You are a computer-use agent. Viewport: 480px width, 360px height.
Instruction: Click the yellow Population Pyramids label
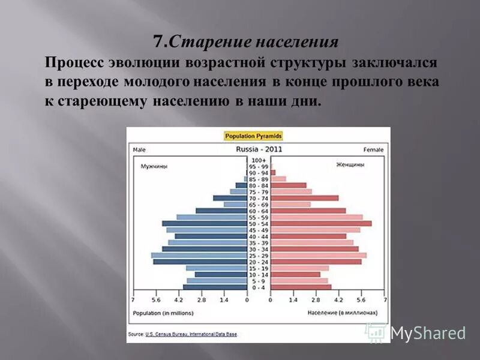(x=253, y=136)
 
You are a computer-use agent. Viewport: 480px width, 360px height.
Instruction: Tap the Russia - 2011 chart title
(x=259, y=149)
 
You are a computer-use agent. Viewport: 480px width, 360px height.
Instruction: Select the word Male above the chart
(x=139, y=149)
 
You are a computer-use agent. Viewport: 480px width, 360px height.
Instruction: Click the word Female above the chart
(x=374, y=149)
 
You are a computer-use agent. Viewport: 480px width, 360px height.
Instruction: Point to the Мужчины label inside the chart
(x=154, y=166)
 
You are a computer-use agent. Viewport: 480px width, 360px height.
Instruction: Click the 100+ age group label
(x=259, y=160)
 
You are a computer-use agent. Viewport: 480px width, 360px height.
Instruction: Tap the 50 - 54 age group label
(x=259, y=224)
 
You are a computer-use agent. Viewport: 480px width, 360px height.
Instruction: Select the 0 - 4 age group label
(x=259, y=287)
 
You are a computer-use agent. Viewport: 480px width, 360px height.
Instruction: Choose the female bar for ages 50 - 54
(x=321, y=224)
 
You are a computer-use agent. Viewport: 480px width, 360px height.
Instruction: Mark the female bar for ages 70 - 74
(x=305, y=198)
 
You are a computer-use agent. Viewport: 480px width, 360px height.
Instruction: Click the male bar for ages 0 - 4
(x=215, y=287)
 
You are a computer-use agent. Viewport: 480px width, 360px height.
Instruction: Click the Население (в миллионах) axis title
(x=343, y=313)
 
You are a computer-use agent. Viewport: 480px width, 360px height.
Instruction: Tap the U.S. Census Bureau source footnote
(x=183, y=334)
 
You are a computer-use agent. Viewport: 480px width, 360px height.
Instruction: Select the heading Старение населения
(x=245, y=43)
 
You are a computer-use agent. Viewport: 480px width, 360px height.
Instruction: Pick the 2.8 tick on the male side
(x=201, y=299)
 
